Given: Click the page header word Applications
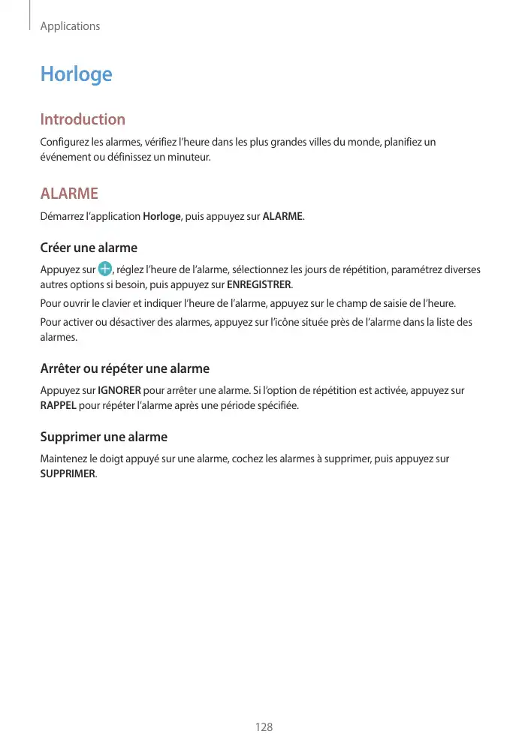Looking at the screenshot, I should tap(70, 26).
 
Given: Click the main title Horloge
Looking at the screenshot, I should tap(76, 74).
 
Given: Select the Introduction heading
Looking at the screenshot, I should tap(83, 119).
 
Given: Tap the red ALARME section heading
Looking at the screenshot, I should tap(69, 194).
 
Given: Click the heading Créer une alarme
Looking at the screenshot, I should tap(89, 248).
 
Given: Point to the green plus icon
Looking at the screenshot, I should tap(105, 269).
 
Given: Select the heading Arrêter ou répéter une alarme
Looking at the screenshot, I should tap(125, 368).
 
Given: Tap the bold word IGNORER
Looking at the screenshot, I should tap(119, 390).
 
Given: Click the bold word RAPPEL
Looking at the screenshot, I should tap(58, 406).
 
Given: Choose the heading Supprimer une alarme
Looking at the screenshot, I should tap(104, 437).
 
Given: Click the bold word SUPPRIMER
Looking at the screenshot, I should tap(68, 474).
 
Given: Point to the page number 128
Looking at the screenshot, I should tap(264, 727).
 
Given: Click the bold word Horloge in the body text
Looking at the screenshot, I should tap(161, 217).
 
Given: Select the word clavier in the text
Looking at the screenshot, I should tap(124, 304).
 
